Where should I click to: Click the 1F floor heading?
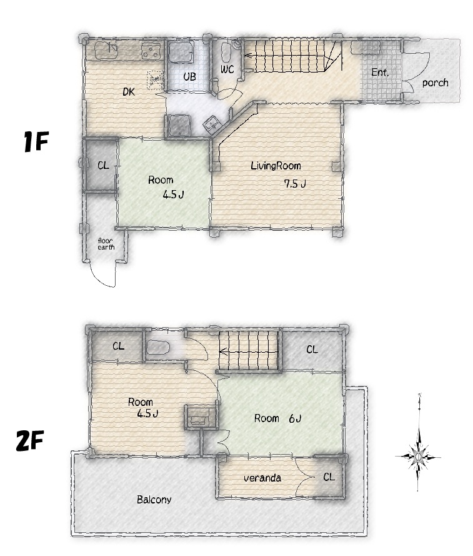point(36,141)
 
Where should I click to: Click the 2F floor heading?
point(30,440)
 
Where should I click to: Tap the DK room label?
point(129,92)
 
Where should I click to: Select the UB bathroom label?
point(189,76)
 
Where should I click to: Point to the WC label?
point(227,69)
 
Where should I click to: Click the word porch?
point(435,83)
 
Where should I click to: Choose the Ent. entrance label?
point(380,73)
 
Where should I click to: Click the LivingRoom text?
point(276,166)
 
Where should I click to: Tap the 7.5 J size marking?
point(295,184)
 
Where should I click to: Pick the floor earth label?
point(106,244)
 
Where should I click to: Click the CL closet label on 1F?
point(103,166)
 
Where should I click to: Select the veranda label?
point(262,478)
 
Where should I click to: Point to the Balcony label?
point(154,500)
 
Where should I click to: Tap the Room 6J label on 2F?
point(277,419)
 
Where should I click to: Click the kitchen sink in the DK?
point(106,50)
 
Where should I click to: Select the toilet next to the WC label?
point(226,52)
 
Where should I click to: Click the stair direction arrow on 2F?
point(248,351)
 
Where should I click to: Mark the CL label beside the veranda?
point(329,477)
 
